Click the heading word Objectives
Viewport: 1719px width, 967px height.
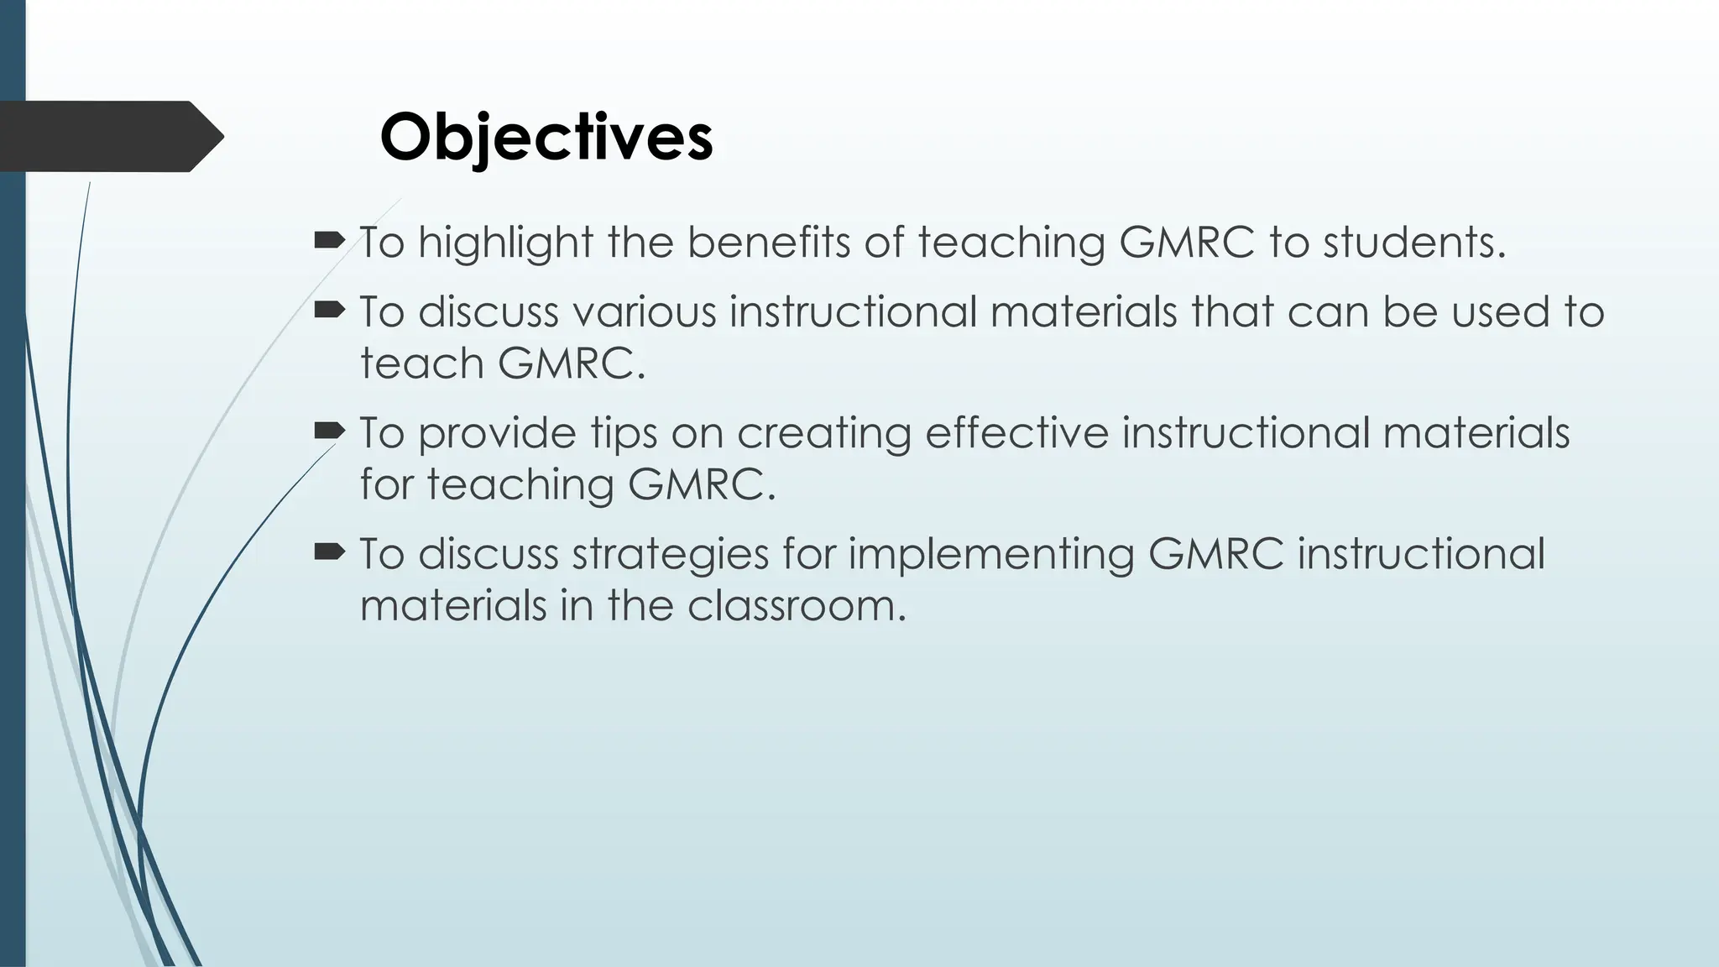[x=546, y=137]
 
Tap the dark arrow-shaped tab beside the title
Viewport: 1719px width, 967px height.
[x=109, y=137]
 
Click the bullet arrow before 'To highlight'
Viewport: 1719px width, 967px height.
[x=329, y=242]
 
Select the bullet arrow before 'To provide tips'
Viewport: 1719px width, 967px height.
[x=329, y=432]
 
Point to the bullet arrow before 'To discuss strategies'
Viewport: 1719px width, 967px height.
[x=329, y=552]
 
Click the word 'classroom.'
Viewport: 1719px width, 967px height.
[x=797, y=605]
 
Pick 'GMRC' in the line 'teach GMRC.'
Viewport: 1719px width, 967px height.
[x=572, y=364]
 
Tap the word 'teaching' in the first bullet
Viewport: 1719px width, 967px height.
[x=1011, y=243]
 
